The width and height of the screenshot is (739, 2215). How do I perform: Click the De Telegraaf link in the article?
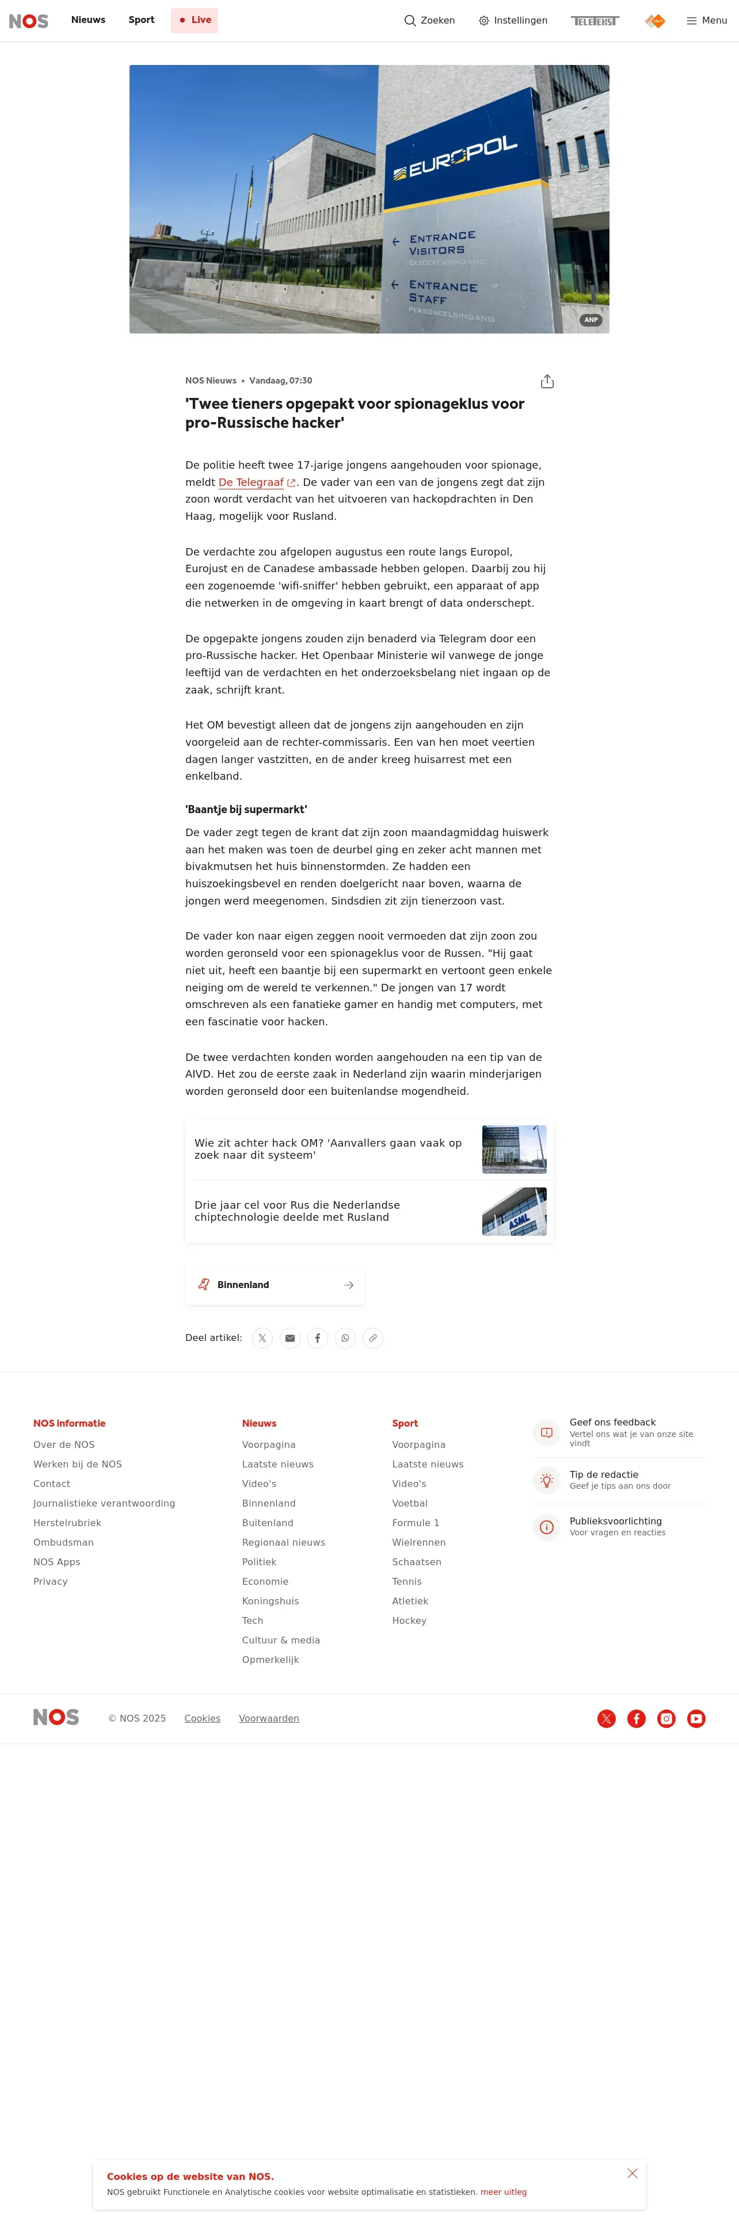(251, 482)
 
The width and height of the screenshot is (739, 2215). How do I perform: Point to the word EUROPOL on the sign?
(462, 156)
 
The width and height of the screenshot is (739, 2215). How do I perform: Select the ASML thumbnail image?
(513, 1212)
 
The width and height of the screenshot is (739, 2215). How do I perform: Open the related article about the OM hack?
(328, 1149)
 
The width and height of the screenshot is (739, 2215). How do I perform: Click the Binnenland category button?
(275, 1285)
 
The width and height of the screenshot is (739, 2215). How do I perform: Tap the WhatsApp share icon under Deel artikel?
(345, 1338)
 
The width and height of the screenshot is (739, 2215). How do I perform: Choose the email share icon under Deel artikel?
(290, 1338)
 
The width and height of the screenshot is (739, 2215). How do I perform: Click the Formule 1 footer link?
(416, 1523)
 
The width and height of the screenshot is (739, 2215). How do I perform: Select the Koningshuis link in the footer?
(270, 1601)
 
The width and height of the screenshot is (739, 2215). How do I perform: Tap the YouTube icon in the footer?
(696, 1719)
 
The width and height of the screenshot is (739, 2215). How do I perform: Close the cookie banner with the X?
(633, 2174)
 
